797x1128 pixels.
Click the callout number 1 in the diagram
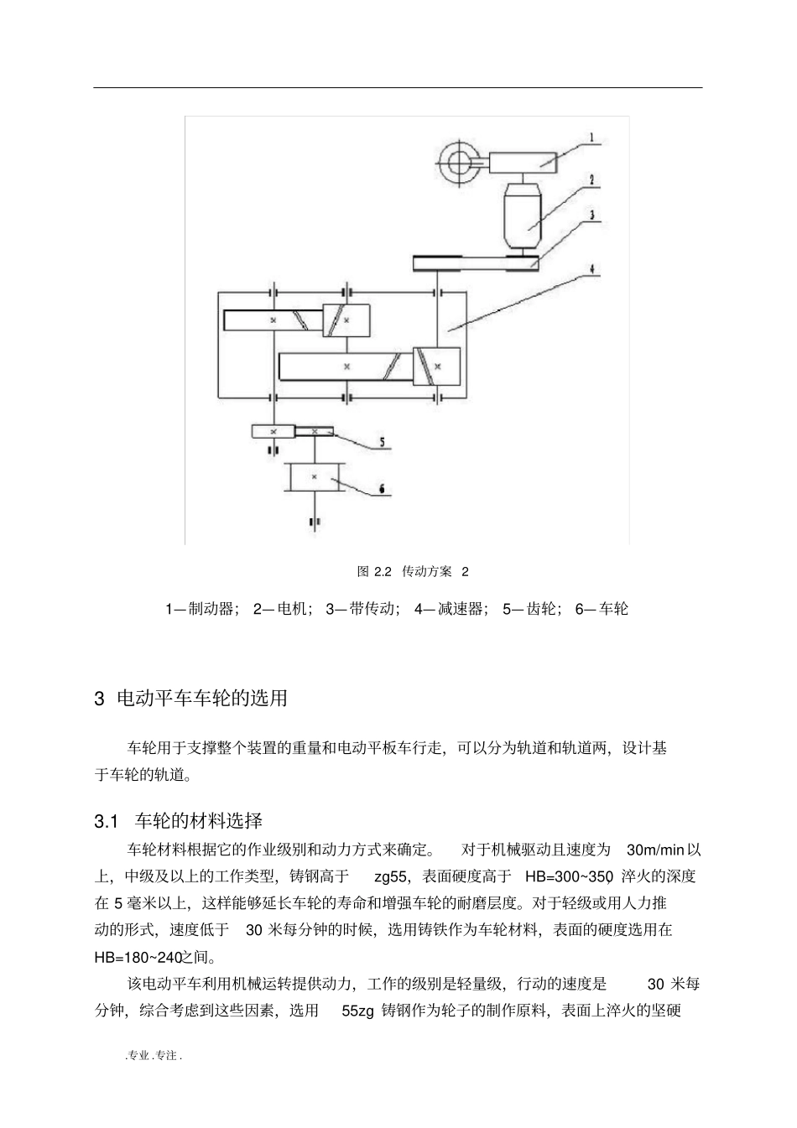click(x=591, y=137)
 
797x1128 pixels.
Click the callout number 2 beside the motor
click(x=592, y=179)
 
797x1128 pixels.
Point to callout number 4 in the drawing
click(x=592, y=270)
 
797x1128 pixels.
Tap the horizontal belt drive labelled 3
click(x=475, y=264)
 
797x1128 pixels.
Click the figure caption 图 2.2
click(x=375, y=572)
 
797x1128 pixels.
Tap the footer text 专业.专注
click(x=154, y=1056)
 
